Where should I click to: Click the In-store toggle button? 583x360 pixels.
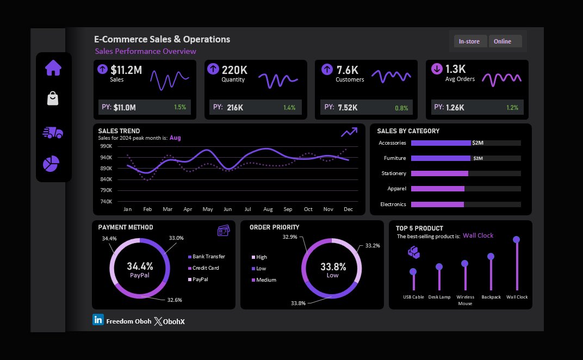[470, 41]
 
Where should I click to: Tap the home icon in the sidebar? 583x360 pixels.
[53, 68]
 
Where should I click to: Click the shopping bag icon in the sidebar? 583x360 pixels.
[53, 98]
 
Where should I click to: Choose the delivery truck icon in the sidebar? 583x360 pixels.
[53, 132]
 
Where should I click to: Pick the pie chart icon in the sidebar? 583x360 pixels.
[51, 163]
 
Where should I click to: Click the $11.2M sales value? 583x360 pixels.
[126, 70]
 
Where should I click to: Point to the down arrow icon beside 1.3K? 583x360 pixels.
[437, 69]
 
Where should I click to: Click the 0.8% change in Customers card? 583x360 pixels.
[401, 108]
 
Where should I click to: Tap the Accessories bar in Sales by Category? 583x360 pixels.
[441, 143]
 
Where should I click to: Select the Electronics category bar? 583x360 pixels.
[437, 204]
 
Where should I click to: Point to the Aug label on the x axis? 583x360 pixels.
[268, 209]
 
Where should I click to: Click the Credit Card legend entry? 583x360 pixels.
[206, 268]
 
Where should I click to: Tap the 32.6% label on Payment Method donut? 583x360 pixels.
[174, 300]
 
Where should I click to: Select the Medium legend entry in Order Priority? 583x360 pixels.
[265, 280]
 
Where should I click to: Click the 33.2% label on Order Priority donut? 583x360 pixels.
[373, 246]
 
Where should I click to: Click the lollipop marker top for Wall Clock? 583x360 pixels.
[516, 239]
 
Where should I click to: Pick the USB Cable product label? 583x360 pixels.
[413, 297]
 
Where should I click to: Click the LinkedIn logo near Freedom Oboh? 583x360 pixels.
[98, 320]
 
